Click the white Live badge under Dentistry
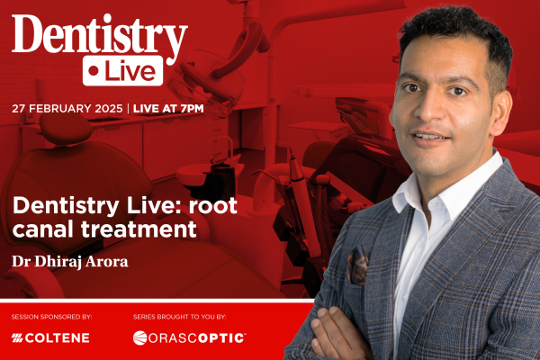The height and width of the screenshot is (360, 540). coord(122,70)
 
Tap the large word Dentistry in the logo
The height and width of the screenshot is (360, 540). coord(100,36)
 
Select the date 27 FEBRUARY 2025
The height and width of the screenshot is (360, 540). coord(67,109)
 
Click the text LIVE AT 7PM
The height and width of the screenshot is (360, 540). coord(168,109)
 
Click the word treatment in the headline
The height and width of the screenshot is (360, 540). coord(139,229)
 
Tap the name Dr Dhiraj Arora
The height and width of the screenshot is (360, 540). coord(70,262)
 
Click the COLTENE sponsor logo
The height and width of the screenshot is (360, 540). coord(50,338)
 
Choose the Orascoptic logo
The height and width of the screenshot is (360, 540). coord(189,338)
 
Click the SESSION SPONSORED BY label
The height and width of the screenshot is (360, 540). coord(51,317)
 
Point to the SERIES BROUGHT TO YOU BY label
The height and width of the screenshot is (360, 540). coord(179,317)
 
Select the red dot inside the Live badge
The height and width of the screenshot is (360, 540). coord(93,70)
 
